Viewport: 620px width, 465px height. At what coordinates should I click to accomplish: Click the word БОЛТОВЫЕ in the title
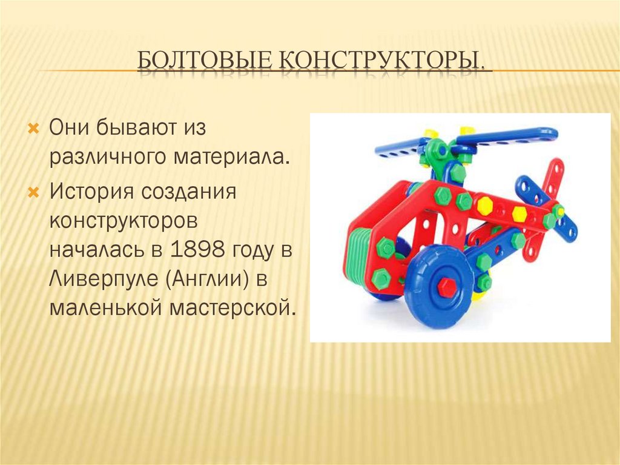pyautogui.click(x=205, y=61)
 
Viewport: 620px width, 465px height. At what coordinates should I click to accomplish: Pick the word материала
pyautogui.click(x=229, y=157)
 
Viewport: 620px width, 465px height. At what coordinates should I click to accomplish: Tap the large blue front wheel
pyautogui.click(x=438, y=286)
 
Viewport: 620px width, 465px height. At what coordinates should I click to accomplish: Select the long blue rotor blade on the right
pyautogui.click(x=507, y=137)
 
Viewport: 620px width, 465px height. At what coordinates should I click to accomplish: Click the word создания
pyautogui.click(x=189, y=192)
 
